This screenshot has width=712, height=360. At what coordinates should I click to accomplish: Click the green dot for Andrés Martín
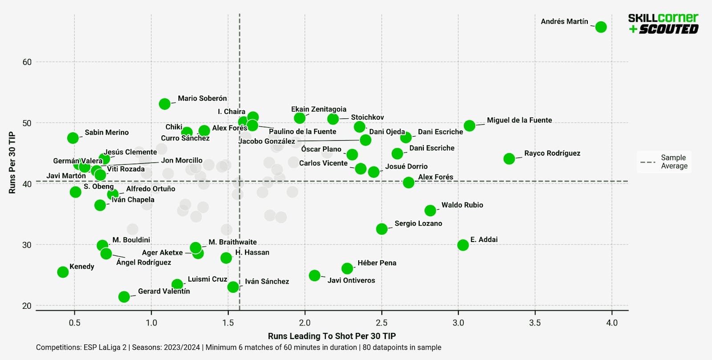[x=601, y=27]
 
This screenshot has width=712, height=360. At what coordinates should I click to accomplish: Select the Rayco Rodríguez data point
[x=509, y=158]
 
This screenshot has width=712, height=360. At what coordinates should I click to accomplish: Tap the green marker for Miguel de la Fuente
[x=469, y=126]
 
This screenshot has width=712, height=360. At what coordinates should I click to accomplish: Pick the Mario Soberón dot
[x=165, y=104]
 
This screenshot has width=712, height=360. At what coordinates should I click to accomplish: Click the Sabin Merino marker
[x=73, y=138]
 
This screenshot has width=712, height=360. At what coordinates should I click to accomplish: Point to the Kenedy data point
[x=63, y=272]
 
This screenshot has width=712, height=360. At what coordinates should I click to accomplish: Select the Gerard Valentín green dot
[x=124, y=297]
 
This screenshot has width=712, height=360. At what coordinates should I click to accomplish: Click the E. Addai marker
[x=463, y=245]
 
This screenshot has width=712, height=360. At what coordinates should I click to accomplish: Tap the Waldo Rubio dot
[x=430, y=210]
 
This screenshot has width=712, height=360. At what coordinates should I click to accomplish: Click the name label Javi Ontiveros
[x=351, y=280]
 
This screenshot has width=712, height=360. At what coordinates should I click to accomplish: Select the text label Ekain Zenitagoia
[x=319, y=109]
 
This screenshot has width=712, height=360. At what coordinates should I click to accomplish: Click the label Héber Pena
[x=376, y=263]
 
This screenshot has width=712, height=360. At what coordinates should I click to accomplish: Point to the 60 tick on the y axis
[x=27, y=62]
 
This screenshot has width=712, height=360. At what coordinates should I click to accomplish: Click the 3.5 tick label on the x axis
[x=535, y=323]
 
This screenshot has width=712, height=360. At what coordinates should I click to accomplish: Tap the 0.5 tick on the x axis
[x=74, y=323]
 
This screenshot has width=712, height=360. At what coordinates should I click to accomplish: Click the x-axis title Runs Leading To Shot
[x=332, y=336]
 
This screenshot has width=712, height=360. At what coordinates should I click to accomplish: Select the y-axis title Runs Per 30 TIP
[x=12, y=162]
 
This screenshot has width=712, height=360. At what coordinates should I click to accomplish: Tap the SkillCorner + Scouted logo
[x=663, y=24]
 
